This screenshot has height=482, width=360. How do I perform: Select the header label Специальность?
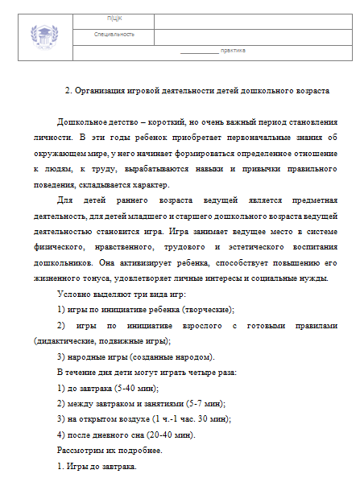pos(114,35)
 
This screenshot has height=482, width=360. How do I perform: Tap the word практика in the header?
pos(233,51)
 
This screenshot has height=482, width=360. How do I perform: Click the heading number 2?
pos(68,91)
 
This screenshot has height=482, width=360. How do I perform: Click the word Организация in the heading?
pos(105,91)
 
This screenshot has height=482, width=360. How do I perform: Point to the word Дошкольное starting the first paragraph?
pos(84,122)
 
